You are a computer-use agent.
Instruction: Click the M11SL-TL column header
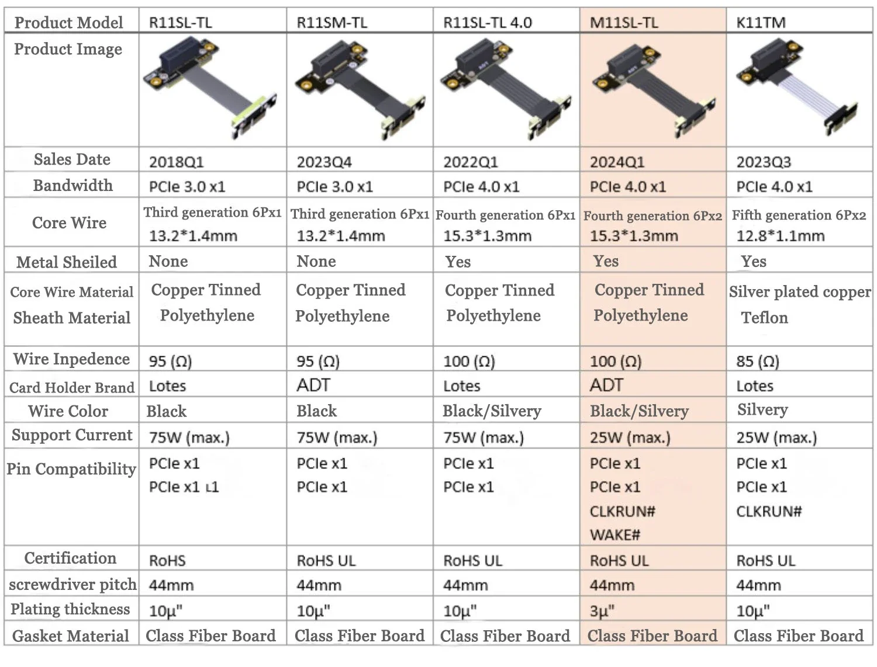coord(624,22)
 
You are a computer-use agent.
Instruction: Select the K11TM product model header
coord(761,22)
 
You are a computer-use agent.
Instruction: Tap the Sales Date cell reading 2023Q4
coord(324,162)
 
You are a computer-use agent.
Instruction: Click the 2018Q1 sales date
coord(176,162)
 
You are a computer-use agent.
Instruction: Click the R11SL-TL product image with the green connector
coord(210,88)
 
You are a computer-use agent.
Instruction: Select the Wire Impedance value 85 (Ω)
coord(758,361)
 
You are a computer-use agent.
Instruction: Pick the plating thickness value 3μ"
coord(602,611)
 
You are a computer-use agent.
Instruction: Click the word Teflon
coord(764,318)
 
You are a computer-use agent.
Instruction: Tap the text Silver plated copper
coord(800,292)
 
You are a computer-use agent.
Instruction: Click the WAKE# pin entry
coord(615,535)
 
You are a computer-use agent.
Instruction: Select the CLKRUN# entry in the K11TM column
coord(769,511)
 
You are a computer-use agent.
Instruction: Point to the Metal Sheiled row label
coord(66,262)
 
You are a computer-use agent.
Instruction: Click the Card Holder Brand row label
coord(72,387)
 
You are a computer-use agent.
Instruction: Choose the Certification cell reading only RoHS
coord(167,561)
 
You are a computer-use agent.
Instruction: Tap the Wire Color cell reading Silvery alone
coord(762,410)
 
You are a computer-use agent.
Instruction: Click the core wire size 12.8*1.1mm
coord(781,236)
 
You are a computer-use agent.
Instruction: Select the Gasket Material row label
coord(70,636)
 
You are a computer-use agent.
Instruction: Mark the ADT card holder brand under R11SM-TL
coord(313,385)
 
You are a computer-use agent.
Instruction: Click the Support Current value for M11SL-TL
coord(630,438)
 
